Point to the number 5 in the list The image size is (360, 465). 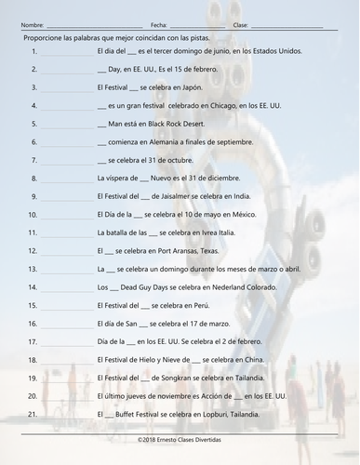click(33, 125)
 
